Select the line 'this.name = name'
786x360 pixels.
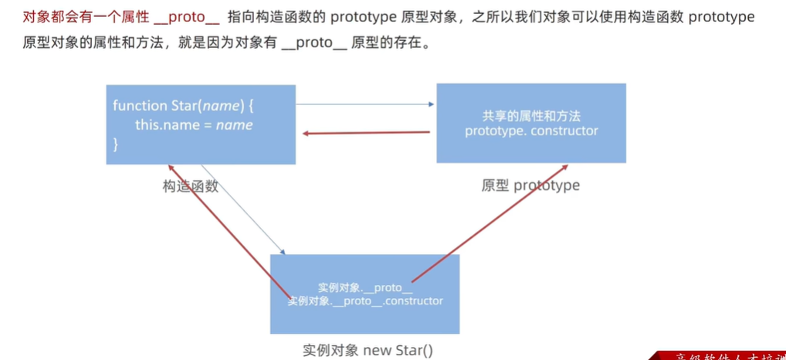[x=194, y=124]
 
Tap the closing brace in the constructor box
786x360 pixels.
[x=116, y=143]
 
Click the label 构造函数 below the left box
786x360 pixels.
[x=190, y=186]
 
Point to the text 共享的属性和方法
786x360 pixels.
[x=531, y=116]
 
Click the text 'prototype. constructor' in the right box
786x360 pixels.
[x=531, y=131]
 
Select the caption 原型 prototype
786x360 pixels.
[x=530, y=185]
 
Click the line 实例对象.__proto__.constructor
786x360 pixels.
[x=365, y=301]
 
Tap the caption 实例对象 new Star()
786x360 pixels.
[x=368, y=350]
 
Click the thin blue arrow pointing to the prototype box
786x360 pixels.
[x=363, y=104]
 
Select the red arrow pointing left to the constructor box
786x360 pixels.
[x=366, y=133]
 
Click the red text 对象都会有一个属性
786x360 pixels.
[x=86, y=17]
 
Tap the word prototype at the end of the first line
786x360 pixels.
[x=721, y=17]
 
